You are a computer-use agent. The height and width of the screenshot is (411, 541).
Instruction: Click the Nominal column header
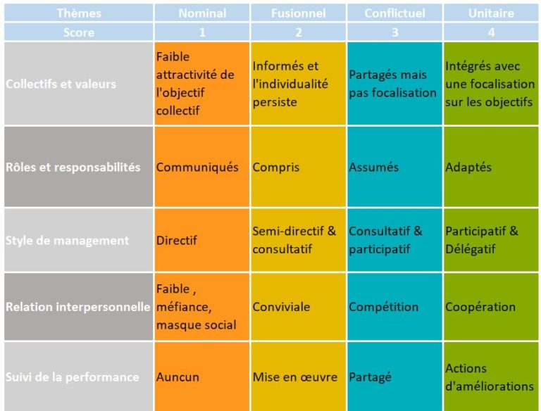pyautogui.click(x=202, y=13)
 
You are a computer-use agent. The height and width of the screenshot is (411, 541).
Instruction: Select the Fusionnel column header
pyautogui.click(x=298, y=13)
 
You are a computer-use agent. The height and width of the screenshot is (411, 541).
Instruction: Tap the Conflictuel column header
pyautogui.click(x=394, y=13)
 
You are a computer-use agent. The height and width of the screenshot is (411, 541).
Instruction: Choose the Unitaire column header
pyautogui.click(x=491, y=13)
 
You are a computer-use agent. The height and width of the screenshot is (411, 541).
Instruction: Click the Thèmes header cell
pyautogui.click(x=78, y=13)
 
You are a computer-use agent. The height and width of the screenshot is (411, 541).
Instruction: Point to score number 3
pyautogui.click(x=394, y=32)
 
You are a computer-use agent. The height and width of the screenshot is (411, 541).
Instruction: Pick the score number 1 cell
pyautogui.click(x=202, y=32)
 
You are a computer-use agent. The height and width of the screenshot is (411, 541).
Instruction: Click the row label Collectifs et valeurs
pyautogui.click(x=61, y=84)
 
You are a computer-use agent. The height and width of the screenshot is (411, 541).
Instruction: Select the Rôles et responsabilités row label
pyautogui.click(x=73, y=167)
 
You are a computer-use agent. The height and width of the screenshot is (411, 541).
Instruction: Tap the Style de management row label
pyautogui.click(x=68, y=240)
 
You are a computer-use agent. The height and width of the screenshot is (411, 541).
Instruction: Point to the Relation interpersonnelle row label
pyautogui.click(x=78, y=307)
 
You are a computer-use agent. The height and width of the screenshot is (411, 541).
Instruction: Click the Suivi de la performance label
pyautogui.click(x=73, y=377)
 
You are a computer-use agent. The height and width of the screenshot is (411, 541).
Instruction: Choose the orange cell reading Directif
pyautogui.click(x=177, y=240)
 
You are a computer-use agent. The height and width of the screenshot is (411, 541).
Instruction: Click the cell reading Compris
pyautogui.click(x=276, y=167)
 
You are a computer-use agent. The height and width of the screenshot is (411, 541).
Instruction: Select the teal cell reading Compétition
pyautogui.click(x=384, y=307)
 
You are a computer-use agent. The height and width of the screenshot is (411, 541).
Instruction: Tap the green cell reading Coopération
pyautogui.click(x=480, y=307)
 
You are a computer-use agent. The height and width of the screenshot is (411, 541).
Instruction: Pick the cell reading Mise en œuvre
pyautogui.click(x=295, y=377)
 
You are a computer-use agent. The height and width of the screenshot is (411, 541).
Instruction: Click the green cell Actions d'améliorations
pyautogui.click(x=490, y=377)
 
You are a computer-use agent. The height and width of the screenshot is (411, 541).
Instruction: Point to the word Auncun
pyautogui.click(x=178, y=377)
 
